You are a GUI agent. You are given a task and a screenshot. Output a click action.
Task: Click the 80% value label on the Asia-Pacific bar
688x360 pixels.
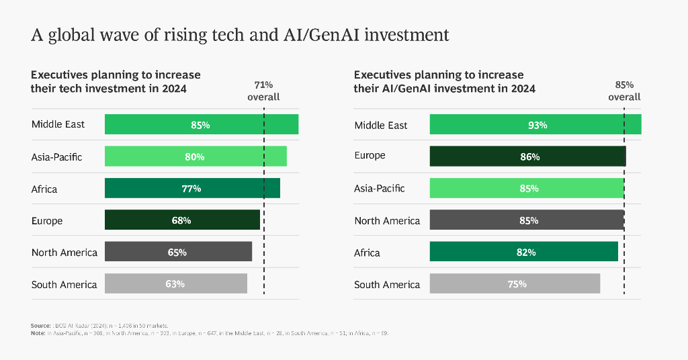[x=195, y=156]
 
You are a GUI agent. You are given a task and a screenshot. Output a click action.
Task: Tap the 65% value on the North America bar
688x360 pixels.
[x=177, y=253]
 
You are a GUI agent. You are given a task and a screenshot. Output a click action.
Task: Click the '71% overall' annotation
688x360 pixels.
[x=263, y=91]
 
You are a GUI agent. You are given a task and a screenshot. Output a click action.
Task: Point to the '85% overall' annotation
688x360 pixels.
[x=624, y=91]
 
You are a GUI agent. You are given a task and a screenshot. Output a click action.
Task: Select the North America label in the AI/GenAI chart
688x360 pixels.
[x=387, y=221]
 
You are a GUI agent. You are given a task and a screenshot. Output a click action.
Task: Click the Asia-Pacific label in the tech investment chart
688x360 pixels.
[x=56, y=157]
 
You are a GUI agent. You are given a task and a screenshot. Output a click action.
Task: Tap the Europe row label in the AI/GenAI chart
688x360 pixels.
[x=370, y=156]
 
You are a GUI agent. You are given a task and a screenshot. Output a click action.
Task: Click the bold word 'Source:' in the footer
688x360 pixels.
[x=41, y=325]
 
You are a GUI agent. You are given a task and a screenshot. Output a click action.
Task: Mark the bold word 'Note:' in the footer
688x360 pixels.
[x=38, y=333]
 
